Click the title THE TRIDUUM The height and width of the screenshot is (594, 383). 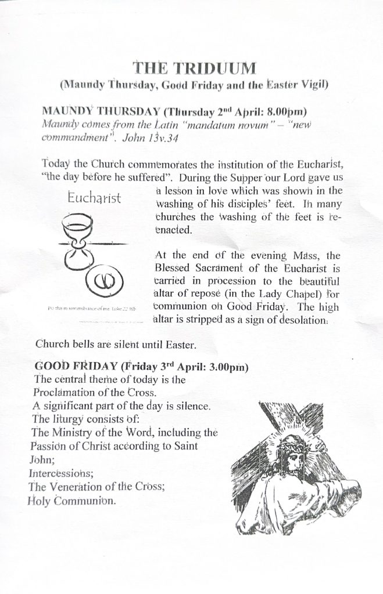(x=194, y=68)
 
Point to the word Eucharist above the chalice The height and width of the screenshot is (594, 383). (x=94, y=198)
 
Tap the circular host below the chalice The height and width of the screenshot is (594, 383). (x=104, y=284)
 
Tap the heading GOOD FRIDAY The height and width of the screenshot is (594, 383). (x=76, y=367)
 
